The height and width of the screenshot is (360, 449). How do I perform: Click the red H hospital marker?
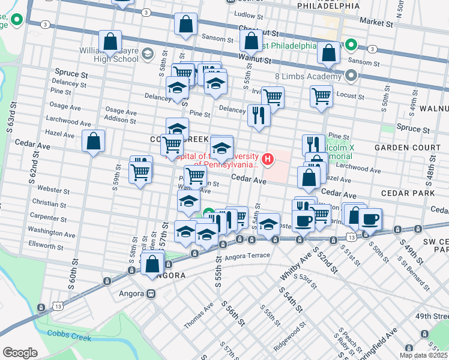(x=268, y=159)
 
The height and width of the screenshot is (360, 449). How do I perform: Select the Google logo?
(x=20, y=352)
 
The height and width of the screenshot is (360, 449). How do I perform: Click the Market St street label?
(x=376, y=22)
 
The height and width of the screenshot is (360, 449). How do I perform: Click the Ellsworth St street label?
(x=46, y=246)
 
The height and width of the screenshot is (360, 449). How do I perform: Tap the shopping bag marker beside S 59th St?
(x=93, y=142)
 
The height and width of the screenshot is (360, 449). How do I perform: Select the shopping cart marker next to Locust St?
(x=322, y=95)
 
